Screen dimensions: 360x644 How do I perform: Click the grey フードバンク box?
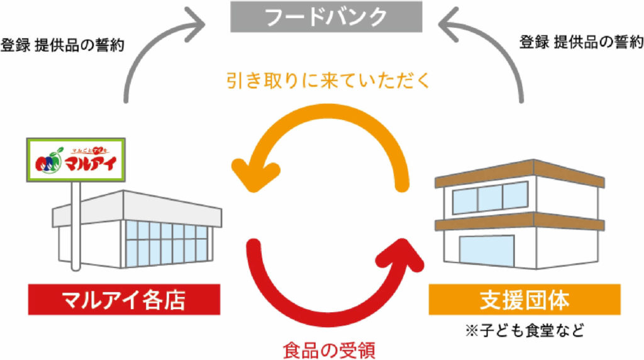click(325, 17)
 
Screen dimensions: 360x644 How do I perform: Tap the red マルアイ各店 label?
click(124, 300)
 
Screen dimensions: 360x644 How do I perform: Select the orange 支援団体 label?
click(525, 300)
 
